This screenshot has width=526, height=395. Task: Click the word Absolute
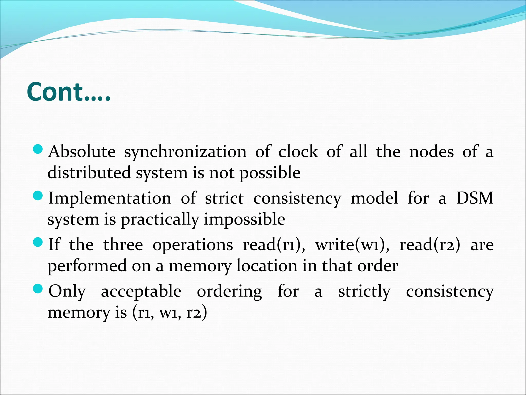click(82, 151)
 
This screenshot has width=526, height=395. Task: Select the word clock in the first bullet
click(298, 151)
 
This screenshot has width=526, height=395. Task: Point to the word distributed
click(89, 172)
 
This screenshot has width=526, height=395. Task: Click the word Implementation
click(110, 198)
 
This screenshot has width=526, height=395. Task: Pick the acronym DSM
click(475, 198)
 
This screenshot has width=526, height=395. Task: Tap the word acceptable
click(141, 292)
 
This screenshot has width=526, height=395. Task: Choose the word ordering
click(229, 292)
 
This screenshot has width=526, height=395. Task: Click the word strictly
click(364, 292)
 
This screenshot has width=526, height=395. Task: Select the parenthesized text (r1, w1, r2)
click(170, 312)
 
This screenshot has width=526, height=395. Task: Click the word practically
click(160, 220)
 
